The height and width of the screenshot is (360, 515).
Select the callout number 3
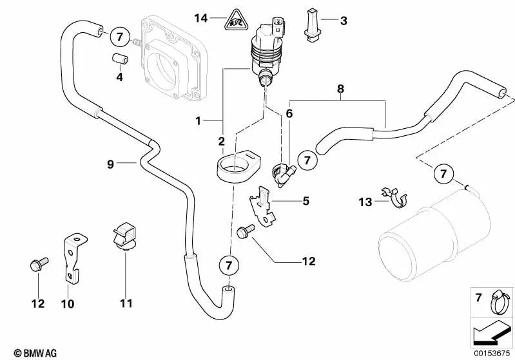click(344, 21)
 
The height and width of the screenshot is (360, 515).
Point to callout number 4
click(119, 78)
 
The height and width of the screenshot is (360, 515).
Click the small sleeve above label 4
click(119, 59)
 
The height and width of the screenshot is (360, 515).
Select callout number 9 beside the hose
click(110, 164)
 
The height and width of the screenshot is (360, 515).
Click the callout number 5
click(306, 202)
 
